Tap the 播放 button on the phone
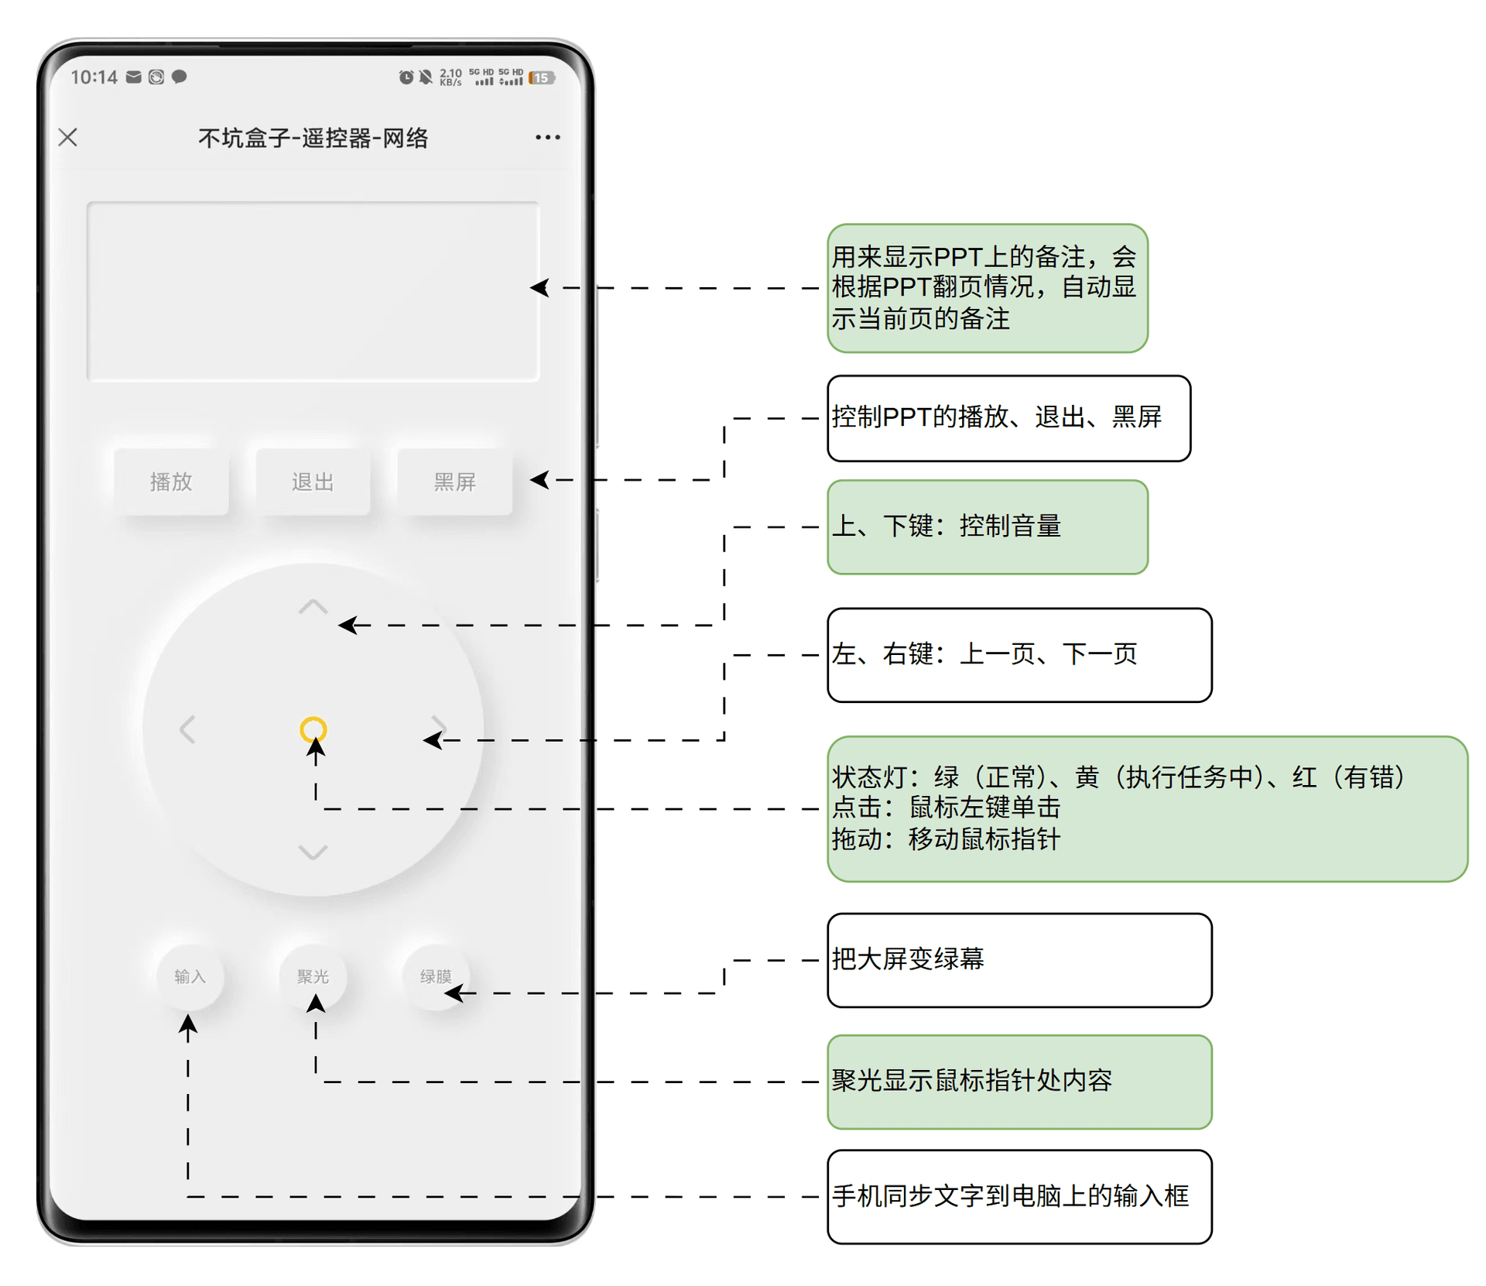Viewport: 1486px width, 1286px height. click(x=171, y=482)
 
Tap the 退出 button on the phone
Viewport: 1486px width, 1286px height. click(x=313, y=482)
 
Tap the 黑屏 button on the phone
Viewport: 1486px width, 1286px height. click(x=454, y=482)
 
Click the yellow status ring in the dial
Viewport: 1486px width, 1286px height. click(x=313, y=729)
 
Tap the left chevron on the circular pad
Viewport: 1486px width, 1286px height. click(x=187, y=729)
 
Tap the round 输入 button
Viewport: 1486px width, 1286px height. click(x=190, y=976)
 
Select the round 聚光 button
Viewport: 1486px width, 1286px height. click(x=313, y=976)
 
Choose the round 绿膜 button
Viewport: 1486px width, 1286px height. click(x=436, y=976)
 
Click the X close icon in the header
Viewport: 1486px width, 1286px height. click(x=68, y=137)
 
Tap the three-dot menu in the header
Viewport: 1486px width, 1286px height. click(x=547, y=137)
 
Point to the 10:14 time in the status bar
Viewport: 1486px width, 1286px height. click(x=94, y=77)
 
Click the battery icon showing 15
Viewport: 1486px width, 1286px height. click(x=542, y=77)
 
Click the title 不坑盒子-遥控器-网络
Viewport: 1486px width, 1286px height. click(x=313, y=138)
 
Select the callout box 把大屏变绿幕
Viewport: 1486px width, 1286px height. click(x=1019, y=959)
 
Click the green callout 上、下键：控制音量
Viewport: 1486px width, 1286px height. click(x=987, y=526)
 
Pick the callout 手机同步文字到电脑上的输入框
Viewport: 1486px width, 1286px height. click(x=1019, y=1196)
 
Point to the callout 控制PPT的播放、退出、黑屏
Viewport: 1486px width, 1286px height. click(x=1008, y=418)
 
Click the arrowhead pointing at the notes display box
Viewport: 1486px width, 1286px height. click(x=540, y=287)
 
